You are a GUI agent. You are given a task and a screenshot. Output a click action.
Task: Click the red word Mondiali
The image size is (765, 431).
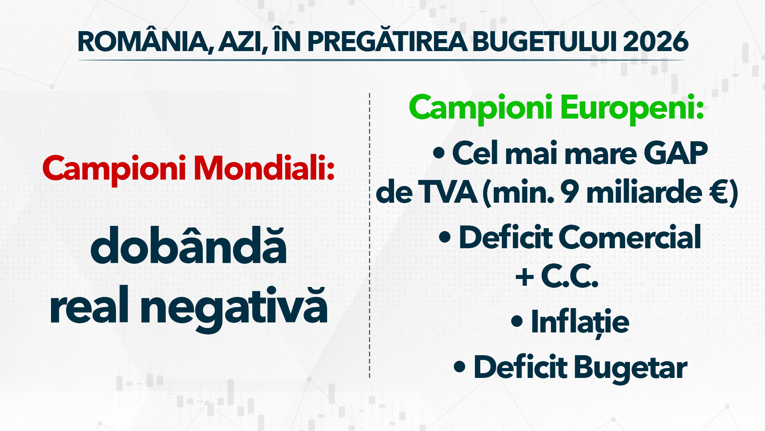(x=264, y=168)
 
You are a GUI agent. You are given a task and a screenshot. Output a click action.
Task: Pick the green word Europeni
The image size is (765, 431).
(x=632, y=108)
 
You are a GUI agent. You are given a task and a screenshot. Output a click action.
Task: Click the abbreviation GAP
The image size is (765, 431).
(x=676, y=153)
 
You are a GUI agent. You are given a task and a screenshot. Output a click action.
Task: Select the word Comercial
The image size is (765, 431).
(x=632, y=237)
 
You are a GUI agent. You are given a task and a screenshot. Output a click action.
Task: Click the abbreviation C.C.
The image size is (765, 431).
(x=570, y=276)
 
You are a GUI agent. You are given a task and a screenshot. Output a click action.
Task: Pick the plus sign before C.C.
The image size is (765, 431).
(x=525, y=277)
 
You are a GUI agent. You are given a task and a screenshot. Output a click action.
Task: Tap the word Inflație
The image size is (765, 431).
(x=580, y=322)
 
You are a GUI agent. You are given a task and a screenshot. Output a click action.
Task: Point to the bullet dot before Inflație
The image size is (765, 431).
(x=517, y=321)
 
